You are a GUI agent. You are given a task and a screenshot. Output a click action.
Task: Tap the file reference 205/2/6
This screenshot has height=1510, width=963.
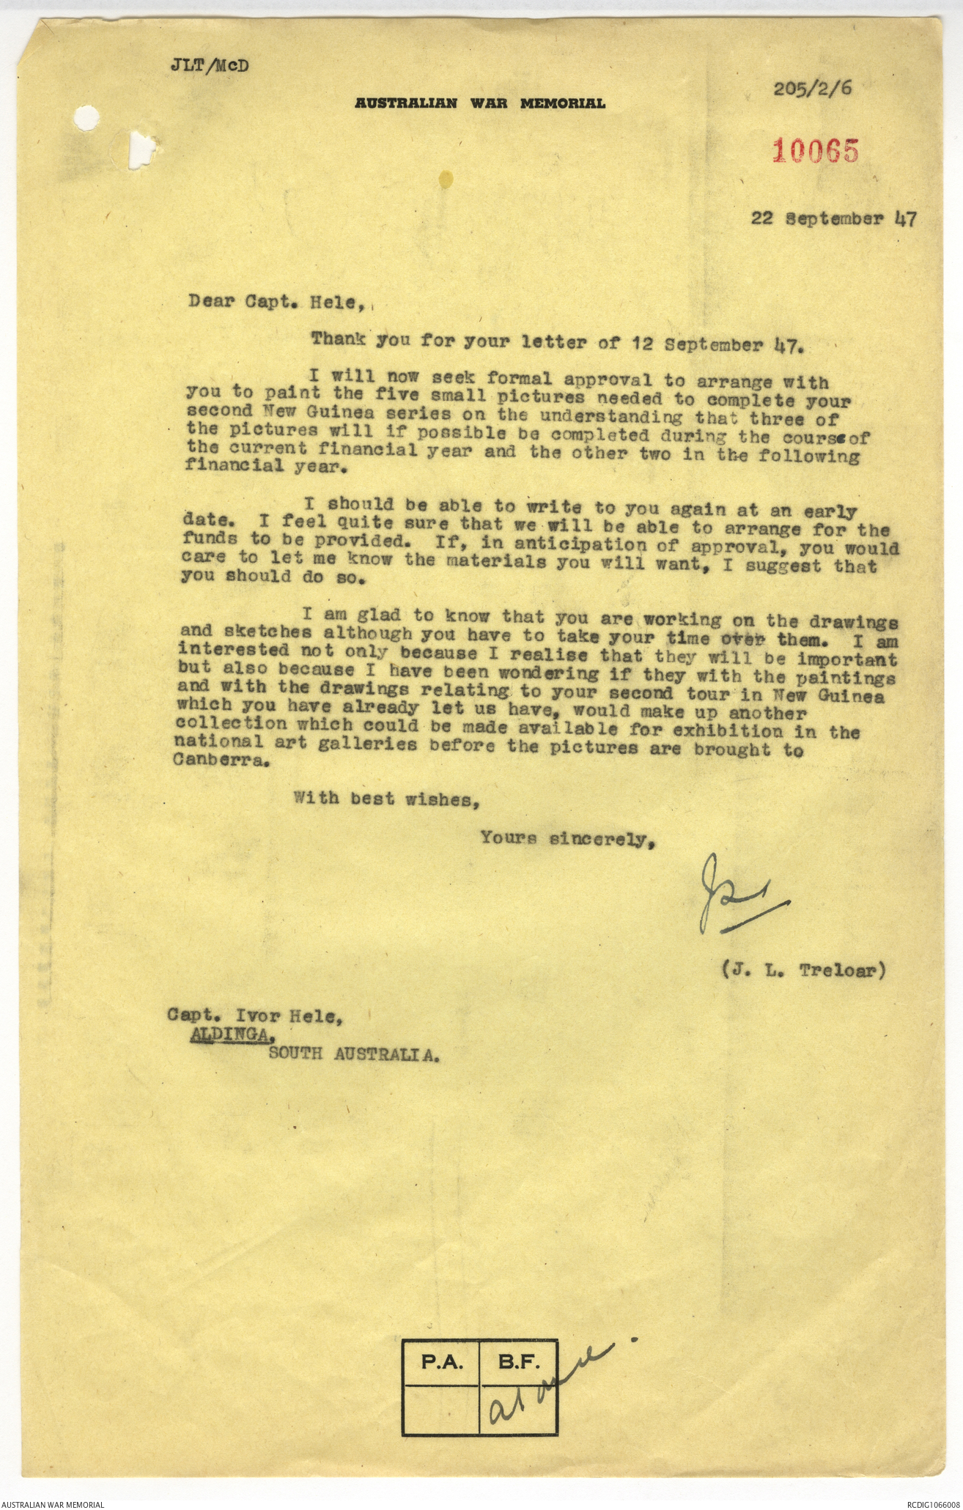pyautogui.click(x=813, y=89)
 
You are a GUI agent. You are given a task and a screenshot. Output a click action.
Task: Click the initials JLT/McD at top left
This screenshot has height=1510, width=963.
pyautogui.click(x=209, y=65)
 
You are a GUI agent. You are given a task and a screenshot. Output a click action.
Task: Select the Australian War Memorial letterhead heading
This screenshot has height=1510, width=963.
pyautogui.click(x=480, y=103)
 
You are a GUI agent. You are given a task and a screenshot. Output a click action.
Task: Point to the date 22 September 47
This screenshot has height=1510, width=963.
pyautogui.click(x=833, y=218)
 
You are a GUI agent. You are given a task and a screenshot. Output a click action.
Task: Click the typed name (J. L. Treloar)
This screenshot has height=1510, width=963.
pyautogui.click(x=803, y=970)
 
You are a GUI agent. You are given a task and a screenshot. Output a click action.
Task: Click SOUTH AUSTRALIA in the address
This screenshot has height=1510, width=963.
pyautogui.click(x=354, y=1054)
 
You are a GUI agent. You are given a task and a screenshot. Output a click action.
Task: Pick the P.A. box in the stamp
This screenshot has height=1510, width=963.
pyautogui.click(x=440, y=1363)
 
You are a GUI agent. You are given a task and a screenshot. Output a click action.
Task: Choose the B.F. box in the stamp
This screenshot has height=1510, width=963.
pyautogui.click(x=518, y=1363)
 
